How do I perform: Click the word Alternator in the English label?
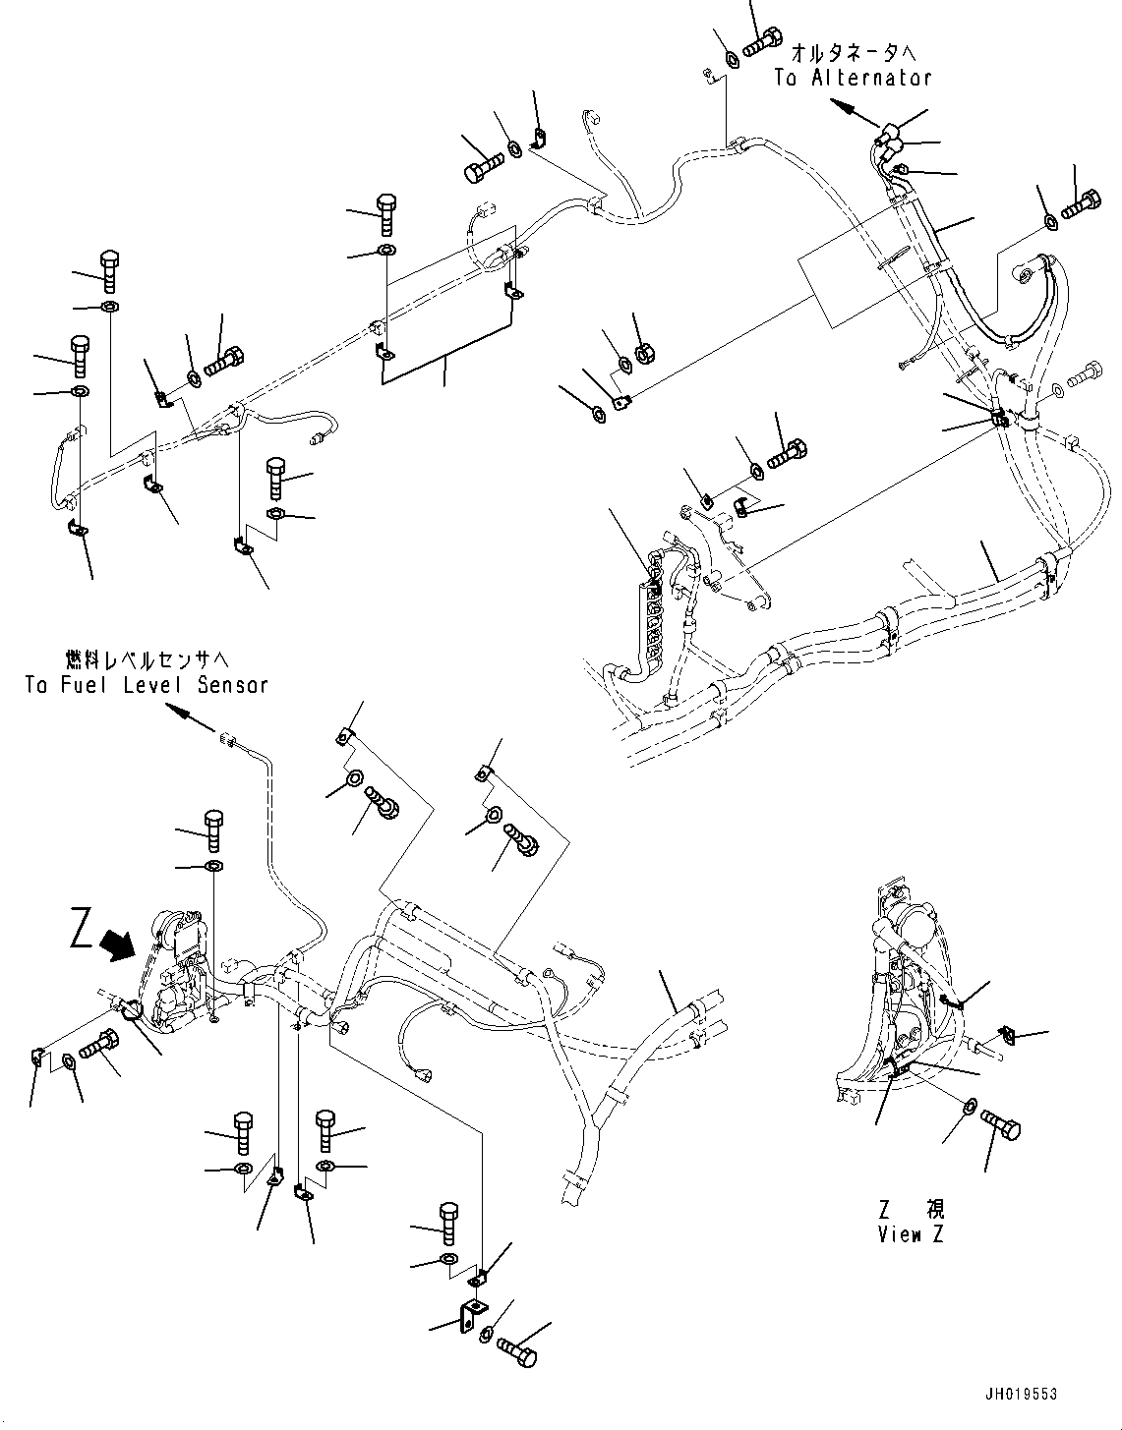coord(871,79)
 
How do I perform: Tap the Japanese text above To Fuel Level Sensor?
coord(147,658)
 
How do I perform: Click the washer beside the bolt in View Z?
coord(969,1107)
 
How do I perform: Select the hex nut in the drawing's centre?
coord(647,351)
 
